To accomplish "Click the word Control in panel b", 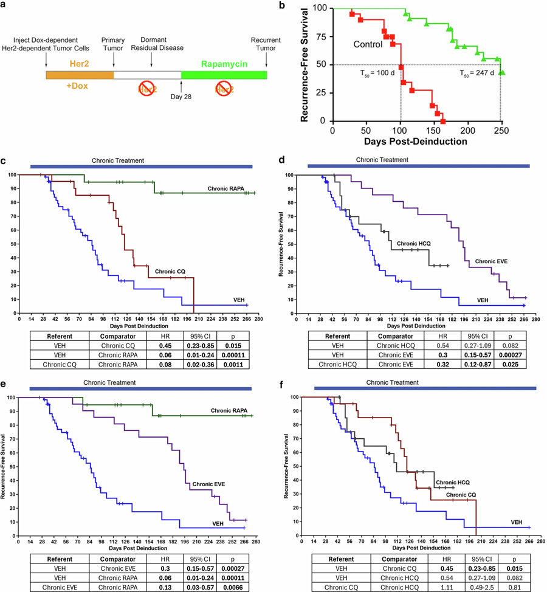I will [371, 45].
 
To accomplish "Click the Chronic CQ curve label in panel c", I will [168, 272].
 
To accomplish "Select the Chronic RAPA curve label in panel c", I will [225, 190].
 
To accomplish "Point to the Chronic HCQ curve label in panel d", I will [414, 243].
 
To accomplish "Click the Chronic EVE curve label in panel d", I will [491, 261].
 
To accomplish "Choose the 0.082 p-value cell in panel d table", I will [509, 343].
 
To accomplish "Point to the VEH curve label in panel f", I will [516, 522].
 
